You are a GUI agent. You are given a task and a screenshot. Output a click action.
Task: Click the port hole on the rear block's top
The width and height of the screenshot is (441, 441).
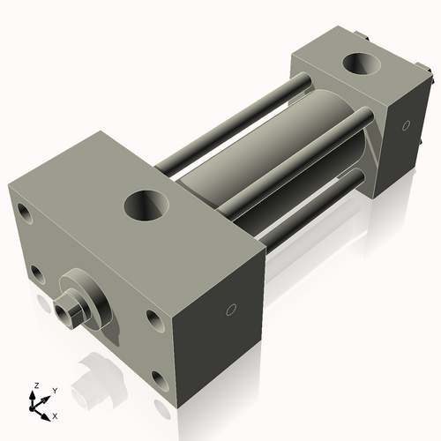[x=362, y=65]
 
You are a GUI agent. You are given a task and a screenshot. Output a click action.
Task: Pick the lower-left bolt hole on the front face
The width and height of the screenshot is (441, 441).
[x=37, y=273]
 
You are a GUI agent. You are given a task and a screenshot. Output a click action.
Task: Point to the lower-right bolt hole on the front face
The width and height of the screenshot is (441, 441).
[x=159, y=380]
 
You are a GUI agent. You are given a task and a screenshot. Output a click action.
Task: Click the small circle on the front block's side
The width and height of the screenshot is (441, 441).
[x=231, y=309]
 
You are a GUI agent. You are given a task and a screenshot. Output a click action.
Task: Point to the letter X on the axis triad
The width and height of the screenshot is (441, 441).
[x=56, y=415]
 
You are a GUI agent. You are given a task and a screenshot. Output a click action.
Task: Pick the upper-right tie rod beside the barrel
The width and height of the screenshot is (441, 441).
[x=291, y=163]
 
